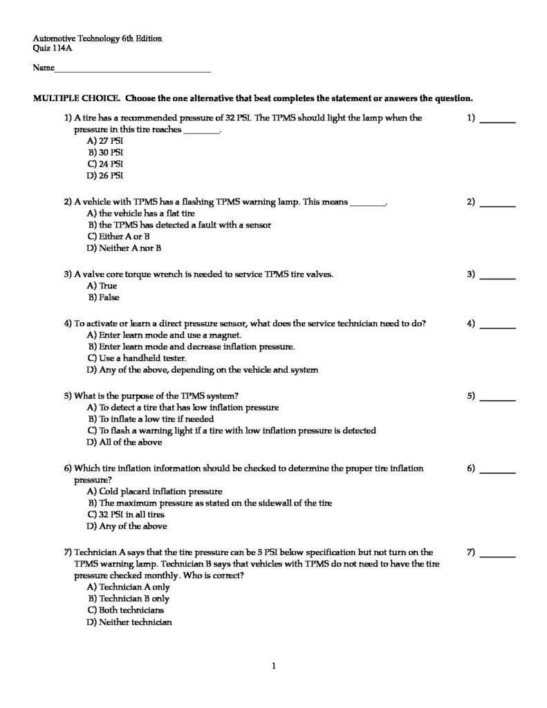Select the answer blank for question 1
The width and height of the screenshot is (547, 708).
point(498,122)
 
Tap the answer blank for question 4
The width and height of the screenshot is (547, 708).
point(498,327)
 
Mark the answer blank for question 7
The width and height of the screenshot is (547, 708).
point(498,556)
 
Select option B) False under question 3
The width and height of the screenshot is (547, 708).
point(104,297)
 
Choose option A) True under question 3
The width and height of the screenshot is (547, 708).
point(102,286)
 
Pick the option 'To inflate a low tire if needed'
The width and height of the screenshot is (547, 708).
point(156,418)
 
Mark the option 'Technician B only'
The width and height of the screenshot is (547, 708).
point(134,598)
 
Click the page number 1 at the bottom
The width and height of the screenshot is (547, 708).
point(274,667)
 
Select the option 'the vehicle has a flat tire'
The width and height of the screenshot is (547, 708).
point(142,213)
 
